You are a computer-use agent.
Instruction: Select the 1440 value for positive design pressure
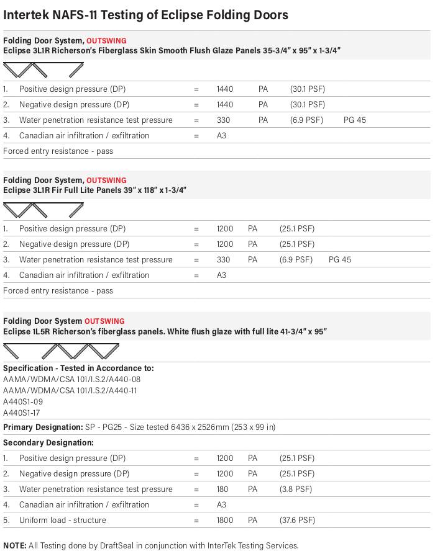pyautogui.click(x=225, y=89)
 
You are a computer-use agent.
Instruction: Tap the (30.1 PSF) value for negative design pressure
pyautogui.click(x=307, y=105)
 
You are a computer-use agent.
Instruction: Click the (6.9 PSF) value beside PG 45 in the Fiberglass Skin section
pyautogui.click(x=306, y=120)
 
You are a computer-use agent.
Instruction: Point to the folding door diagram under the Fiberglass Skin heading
pyautogui.click(x=43, y=70)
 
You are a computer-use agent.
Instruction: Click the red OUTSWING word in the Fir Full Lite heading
pyautogui.click(x=106, y=181)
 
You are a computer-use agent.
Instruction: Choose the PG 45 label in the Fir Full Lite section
pyautogui.click(x=339, y=260)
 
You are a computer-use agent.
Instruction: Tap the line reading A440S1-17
pyautogui.click(x=22, y=413)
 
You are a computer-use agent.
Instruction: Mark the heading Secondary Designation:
pyautogui.click(x=48, y=443)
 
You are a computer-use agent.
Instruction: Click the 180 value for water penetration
pyautogui.click(x=222, y=489)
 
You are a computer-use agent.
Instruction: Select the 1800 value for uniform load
pyautogui.click(x=225, y=520)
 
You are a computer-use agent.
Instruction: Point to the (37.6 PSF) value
pyautogui.click(x=297, y=520)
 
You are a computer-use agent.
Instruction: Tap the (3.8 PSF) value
pyautogui.click(x=296, y=489)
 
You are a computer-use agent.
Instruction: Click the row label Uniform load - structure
pyautogui.click(x=62, y=520)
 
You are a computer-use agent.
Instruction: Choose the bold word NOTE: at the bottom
pyautogui.click(x=15, y=546)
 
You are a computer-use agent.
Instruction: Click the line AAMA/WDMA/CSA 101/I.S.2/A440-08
pyautogui.click(x=71, y=380)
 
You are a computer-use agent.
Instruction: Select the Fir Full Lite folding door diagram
pyautogui.click(x=43, y=210)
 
